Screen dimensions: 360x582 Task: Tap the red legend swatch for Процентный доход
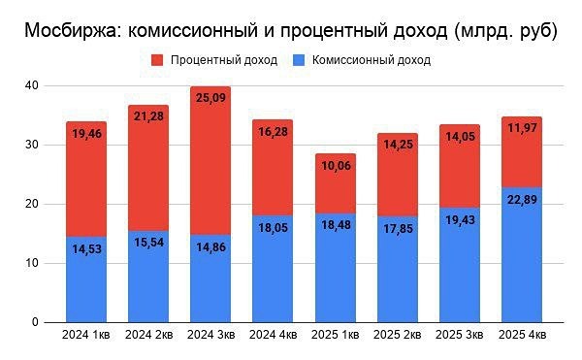[158, 60]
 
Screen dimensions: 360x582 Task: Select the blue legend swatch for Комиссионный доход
[299, 60]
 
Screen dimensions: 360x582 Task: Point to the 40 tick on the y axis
[32, 85]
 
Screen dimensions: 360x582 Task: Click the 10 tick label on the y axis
[32, 263]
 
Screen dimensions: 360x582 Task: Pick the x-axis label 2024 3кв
[210, 336]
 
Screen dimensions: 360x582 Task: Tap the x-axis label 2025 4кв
[521, 336]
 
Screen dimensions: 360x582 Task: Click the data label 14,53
[86, 250]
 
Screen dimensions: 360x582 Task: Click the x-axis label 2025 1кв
[335, 336]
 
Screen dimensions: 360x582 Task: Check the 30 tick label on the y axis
[32, 145]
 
